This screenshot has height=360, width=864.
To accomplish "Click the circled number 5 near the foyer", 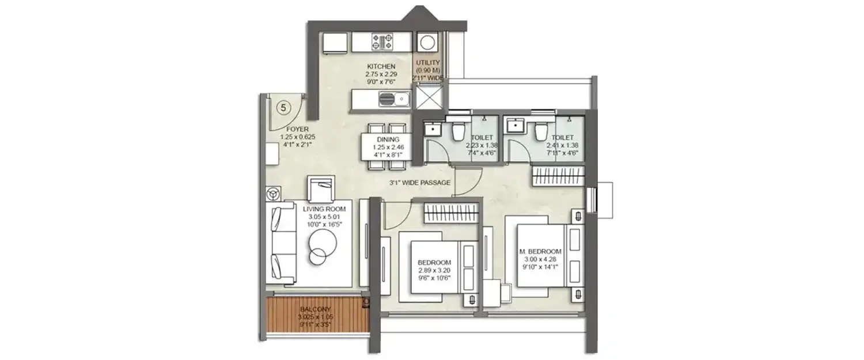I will [x=283, y=107].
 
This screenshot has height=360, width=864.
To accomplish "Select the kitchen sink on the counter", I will [x=395, y=100].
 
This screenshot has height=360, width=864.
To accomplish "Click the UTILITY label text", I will [x=428, y=63].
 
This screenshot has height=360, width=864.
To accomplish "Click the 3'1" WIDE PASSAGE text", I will [x=419, y=183].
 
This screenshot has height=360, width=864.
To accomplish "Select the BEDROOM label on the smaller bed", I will [x=434, y=263].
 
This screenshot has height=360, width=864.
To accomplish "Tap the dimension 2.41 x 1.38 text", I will [x=562, y=146].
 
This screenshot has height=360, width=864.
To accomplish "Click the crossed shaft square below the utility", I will [x=429, y=96].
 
